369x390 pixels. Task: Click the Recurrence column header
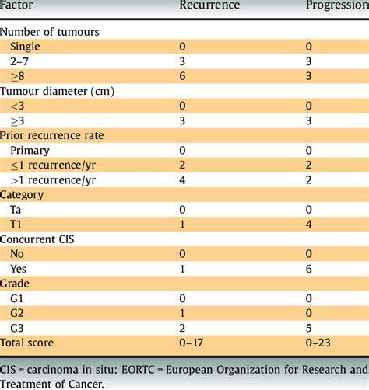tap(209, 5)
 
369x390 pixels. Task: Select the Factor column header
tap(16, 5)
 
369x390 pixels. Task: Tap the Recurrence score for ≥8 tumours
tap(182, 76)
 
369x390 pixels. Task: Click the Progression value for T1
tap(308, 224)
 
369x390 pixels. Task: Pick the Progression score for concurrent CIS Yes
tap(308, 269)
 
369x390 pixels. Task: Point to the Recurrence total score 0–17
tap(191, 343)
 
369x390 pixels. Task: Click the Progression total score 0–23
tap(318, 343)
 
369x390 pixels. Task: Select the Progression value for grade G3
tap(308, 328)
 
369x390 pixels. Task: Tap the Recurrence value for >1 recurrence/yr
tap(182, 180)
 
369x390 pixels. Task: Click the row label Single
tap(25, 47)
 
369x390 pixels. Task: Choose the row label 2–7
tap(19, 61)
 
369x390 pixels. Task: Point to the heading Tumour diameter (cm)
tap(57, 91)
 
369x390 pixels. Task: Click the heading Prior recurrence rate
tap(52, 135)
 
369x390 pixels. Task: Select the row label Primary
tap(30, 151)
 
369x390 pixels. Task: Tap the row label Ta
tap(16, 210)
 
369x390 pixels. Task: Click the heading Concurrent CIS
tap(37, 239)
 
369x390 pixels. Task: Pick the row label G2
tap(17, 313)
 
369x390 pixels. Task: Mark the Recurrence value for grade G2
tap(182, 313)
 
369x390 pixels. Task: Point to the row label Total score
tap(26, 343)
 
